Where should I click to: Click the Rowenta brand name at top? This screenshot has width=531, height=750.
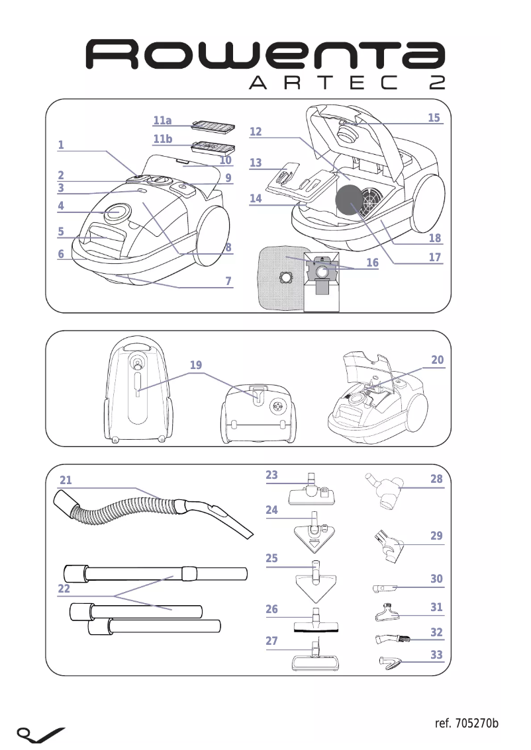[x=265, y=55]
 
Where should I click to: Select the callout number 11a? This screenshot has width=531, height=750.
[x=162, y=120]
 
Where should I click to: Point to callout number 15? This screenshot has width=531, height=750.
[x=434, y=118]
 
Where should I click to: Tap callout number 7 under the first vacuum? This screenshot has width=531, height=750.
[x=228, y=282]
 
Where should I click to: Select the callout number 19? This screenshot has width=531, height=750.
[x=195, y=365]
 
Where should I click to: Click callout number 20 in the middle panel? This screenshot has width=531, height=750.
[x=437, y=360]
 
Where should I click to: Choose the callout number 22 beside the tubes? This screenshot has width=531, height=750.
[x=64, y=588]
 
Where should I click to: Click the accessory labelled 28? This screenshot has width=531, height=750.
[x=385, y=491]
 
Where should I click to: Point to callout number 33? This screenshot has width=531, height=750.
[x=436, y=655]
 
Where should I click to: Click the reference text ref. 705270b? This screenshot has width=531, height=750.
[x=466, y=723]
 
